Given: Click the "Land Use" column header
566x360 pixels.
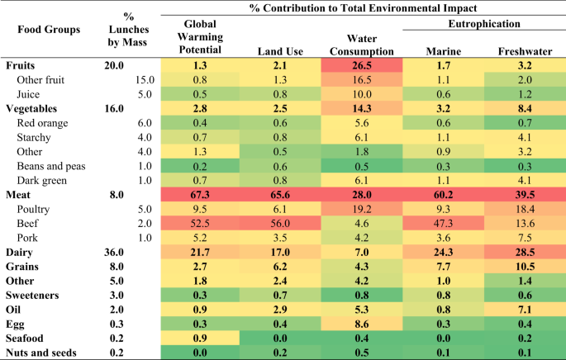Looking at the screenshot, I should pyautogui.click(x=282, y=51).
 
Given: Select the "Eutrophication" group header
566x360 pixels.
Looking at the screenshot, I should pyautogui.click(x=479, y=25).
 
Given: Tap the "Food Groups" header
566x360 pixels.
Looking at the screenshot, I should pyautogui.click(x=50, y=30).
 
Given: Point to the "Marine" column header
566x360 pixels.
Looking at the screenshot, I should pyautogui.click(x=443, y=51).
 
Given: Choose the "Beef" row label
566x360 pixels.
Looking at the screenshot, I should pyautogui.click(x=31, y=222).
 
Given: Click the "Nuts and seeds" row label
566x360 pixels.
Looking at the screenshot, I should pyautogui.click(x=42, y=353).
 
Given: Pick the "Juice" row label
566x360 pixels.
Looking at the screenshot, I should pyautogui.click(x=31, y=93).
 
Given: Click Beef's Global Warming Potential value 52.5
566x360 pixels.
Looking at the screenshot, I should pyautogui.click(x=200, y=222).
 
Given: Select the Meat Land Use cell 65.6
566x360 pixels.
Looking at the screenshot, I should pyautogui.click(x=282, y=195).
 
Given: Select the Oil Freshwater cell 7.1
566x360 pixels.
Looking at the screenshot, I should pyautogui.click(x=523, y=309).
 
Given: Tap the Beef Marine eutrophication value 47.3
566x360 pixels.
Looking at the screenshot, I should pyautogui.click(x=443, y=222).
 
